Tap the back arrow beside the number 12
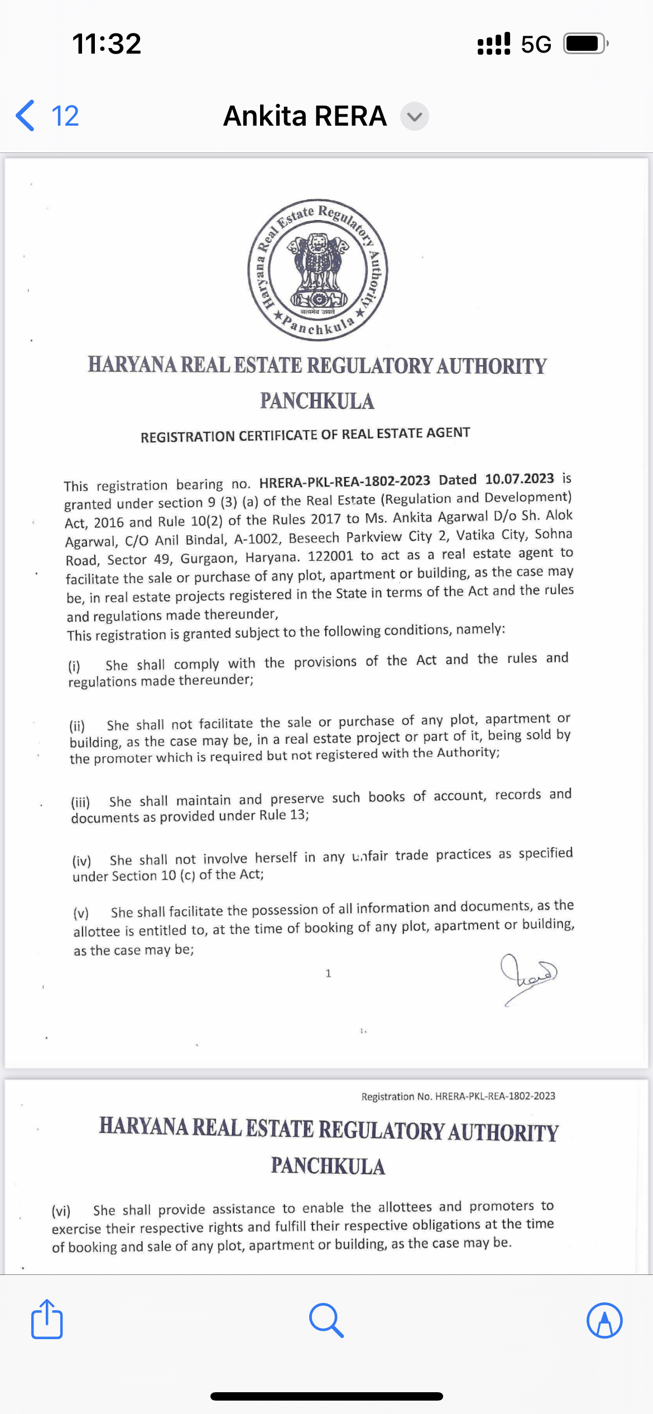26,116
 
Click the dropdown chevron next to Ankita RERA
415,116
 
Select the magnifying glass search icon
326,1320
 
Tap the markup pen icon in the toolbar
604,1320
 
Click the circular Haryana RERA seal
318,270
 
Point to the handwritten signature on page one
528,977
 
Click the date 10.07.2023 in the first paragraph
520,479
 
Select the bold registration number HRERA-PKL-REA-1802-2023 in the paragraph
344,481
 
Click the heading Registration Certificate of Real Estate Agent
305,434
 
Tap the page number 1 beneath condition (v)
328,973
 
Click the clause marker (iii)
80,802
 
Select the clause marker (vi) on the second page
61,1211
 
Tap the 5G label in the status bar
536,44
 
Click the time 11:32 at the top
107,44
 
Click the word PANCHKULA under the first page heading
317,401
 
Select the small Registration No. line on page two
458,1096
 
